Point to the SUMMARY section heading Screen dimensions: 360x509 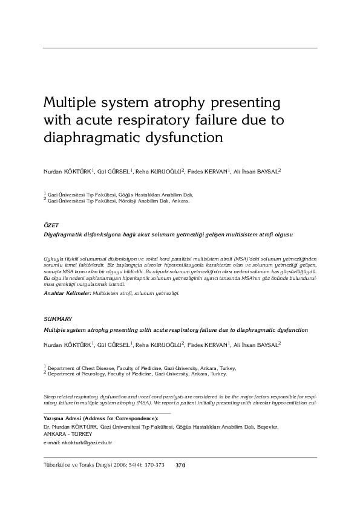[58, 318]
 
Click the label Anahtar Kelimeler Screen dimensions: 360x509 [66, 293]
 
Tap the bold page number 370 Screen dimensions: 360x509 [180, 465]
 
